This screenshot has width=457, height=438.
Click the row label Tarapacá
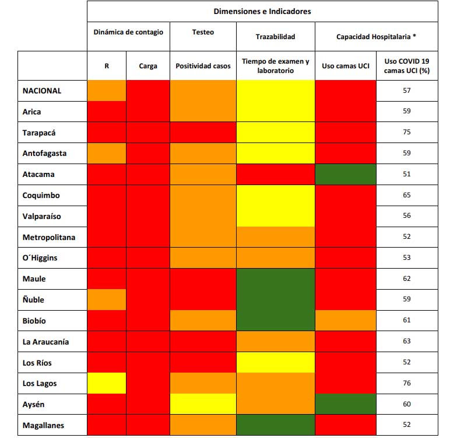click(x=40, y=133)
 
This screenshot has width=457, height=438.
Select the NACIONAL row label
click(x=41, y=91)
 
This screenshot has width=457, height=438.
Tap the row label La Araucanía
click(x=45, y=342)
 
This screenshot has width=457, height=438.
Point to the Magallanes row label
click(x=43, y=425)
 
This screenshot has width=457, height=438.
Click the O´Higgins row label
click(x=40, y=258)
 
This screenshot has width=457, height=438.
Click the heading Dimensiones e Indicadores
click(x=262, y=11)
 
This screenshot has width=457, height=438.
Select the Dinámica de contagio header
click(x=128, y=32)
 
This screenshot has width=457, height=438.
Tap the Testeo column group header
click(x=203, y=32)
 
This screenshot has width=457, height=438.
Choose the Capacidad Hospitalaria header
click(x=375, y=36)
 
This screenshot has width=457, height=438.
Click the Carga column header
click(x=148, y=66)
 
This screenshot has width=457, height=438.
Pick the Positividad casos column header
click(x=203, y=66)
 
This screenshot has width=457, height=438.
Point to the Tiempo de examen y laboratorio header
click(x=275, y=65)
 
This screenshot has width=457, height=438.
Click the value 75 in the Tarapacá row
click(x=407, y=132)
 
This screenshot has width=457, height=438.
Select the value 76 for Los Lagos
click(x=407, y=383)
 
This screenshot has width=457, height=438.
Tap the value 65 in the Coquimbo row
click(x=407, y=195)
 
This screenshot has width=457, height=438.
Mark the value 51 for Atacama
click(x=407, y=174)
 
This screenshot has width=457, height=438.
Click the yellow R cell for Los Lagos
click(x=107, y=383)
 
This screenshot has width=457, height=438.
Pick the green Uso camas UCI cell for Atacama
click(x=346, y=174)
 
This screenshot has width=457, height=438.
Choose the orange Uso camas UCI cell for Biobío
click(x=346, y=320)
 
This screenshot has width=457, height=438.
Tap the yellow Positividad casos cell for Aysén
click(x=203, y=404)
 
